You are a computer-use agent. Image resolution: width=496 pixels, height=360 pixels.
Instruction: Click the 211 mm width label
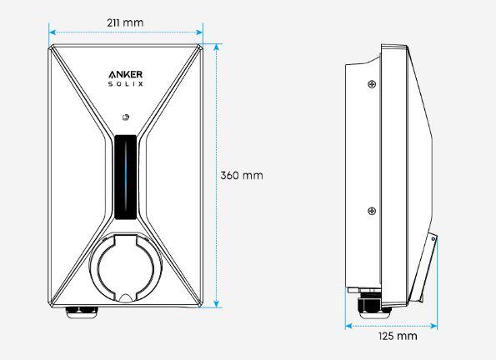[126, 22]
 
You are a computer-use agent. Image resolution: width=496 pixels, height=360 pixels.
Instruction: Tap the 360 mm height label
[241, 176]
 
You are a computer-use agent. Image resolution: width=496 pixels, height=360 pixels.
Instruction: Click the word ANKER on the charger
[126, 76]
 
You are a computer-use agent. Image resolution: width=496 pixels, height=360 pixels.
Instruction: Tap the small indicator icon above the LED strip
[125, 117]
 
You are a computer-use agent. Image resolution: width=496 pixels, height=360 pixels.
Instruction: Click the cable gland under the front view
[82, 311]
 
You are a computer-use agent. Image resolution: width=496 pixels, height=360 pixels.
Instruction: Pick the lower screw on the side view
[371, 210]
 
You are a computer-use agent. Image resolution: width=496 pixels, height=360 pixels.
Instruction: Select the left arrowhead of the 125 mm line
[348, 326]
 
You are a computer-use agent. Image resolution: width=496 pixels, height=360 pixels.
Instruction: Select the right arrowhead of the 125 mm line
[434, 326]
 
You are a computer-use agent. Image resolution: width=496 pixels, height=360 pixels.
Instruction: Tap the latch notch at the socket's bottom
[125, 297]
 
